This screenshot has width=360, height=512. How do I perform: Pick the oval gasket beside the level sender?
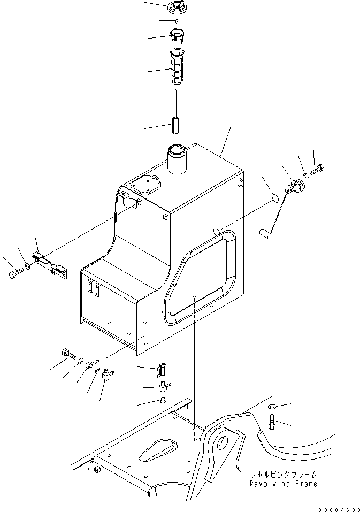(273, 197)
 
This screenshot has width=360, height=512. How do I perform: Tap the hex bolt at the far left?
(14, 276)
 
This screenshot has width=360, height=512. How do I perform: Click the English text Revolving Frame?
(284, 484)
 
